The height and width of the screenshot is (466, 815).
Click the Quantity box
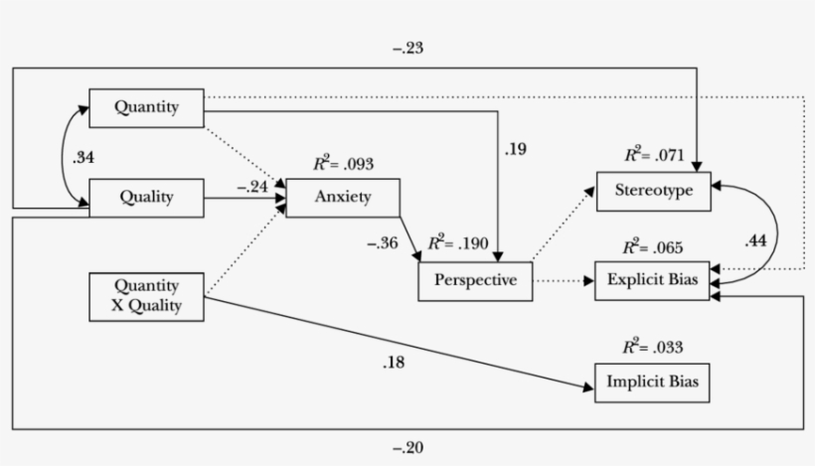146,108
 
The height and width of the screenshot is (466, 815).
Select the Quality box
146,197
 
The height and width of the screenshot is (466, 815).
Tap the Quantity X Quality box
146,295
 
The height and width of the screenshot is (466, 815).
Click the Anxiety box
343,197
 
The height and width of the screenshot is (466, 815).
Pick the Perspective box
475,280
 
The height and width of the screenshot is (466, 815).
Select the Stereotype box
653,191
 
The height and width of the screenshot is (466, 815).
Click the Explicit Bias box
653,280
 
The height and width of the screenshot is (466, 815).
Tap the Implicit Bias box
653,383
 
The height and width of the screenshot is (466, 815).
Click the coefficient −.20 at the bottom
407,448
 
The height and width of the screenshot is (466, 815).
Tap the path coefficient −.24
252,186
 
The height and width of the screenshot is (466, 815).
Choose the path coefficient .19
516,149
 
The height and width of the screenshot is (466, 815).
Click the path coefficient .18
393,362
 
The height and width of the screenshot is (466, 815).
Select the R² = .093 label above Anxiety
343,163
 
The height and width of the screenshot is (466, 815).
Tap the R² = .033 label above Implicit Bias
653,347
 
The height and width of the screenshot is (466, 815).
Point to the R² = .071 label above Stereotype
653,154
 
